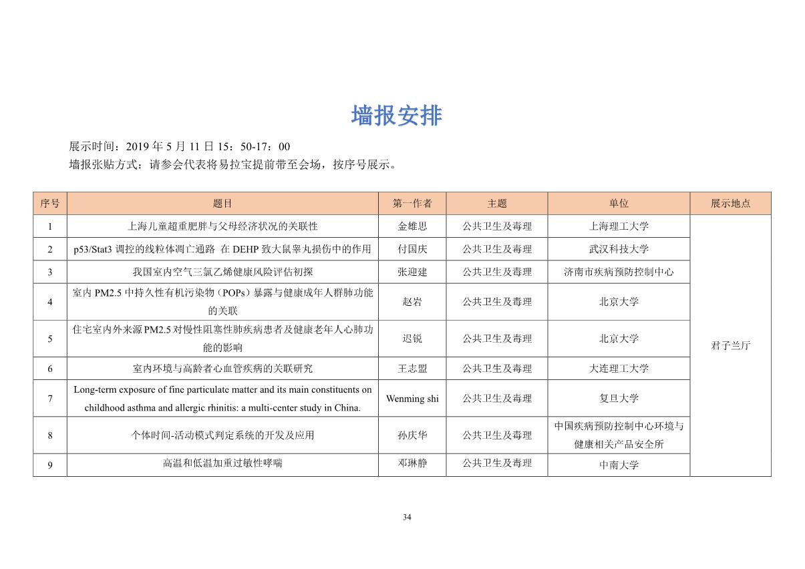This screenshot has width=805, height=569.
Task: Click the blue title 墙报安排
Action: pos(396,116)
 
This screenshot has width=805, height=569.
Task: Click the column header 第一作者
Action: pos(412,204)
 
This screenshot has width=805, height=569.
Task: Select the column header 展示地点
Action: pos(730,204)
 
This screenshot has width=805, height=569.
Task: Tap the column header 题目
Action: pos(222,204)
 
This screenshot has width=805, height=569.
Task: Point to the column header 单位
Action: pos(619,204)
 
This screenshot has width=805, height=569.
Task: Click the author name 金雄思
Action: pos(412,226)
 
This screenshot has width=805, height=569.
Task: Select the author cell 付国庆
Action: pos(412,249)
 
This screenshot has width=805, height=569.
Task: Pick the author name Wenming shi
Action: pos(412,399)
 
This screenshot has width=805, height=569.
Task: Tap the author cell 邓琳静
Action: pos(412,463)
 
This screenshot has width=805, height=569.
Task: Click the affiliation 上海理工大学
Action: pos(619,226)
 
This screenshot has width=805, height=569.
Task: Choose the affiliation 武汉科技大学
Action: pos(619,249)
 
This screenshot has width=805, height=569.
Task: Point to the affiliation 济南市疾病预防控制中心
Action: pos(619,272)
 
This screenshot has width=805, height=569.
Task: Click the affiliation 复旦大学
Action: pos(619,399)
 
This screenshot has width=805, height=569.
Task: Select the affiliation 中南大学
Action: pos(619,465)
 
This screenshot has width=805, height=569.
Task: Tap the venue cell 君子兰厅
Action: pos(730,346)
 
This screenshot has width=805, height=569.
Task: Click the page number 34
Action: pos(407,517)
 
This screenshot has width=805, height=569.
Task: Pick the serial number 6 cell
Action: pos(50,369)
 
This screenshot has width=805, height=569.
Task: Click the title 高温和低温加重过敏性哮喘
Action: pos(222,463)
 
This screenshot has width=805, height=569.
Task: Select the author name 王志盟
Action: pos(412,369)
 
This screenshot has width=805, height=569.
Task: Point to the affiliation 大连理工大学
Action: pos(619,369)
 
